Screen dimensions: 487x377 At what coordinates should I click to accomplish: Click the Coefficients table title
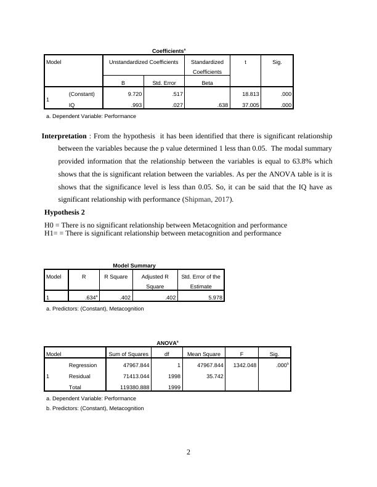[x=169, y=50]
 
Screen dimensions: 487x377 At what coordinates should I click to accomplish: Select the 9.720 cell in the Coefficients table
[x=134, y=94]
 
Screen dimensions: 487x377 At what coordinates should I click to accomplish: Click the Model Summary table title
[x=134, y=265]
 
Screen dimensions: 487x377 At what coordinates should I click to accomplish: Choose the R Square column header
[x=115, y=277]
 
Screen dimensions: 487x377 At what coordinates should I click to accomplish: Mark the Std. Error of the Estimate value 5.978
[x=211, y=298]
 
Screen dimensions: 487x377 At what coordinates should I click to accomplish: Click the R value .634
[x=91, y=298]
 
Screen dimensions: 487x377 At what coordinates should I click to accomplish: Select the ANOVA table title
[x=167, y=342]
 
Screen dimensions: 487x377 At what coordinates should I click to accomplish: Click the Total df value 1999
[x=174, y=387]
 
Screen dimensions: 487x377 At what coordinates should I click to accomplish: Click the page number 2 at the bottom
[x=188, y=453]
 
